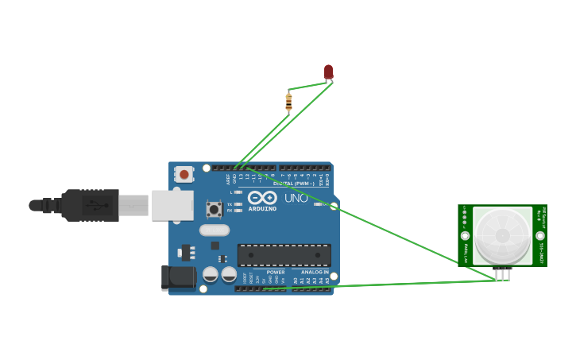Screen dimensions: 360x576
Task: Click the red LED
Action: pyautogui.click(x=328, y=72)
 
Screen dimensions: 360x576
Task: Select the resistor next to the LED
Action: pyautogui.click(x=288, y=102)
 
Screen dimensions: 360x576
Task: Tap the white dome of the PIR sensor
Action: pyautogui.click(x=502, y=236)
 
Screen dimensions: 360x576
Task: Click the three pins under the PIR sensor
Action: pyautogui.click(x=502, y=274)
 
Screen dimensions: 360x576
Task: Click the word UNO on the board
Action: pyautogui.click(x=296, y=198)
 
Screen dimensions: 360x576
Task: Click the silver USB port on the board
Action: pyautogui.click(x=172, y=205)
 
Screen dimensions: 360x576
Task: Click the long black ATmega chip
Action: pyautogui.click(x=284, y=255)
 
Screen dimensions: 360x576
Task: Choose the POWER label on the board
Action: pyautogui.click(x=276, y=272)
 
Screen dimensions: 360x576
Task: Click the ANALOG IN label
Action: pyautogui.click(x=315, y=272)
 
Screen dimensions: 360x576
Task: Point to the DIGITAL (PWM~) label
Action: pyautogui.click(x=293, y=184)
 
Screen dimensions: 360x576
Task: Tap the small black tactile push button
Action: pyautogui.click(x=214, y=209)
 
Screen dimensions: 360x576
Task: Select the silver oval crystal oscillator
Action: pyautogui.click(x=214, y=230)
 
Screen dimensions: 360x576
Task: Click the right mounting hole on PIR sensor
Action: pyautogui.click(x=540, y=235)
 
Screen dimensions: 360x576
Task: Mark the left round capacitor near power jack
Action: pyautogui.click(x=211, y=274)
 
